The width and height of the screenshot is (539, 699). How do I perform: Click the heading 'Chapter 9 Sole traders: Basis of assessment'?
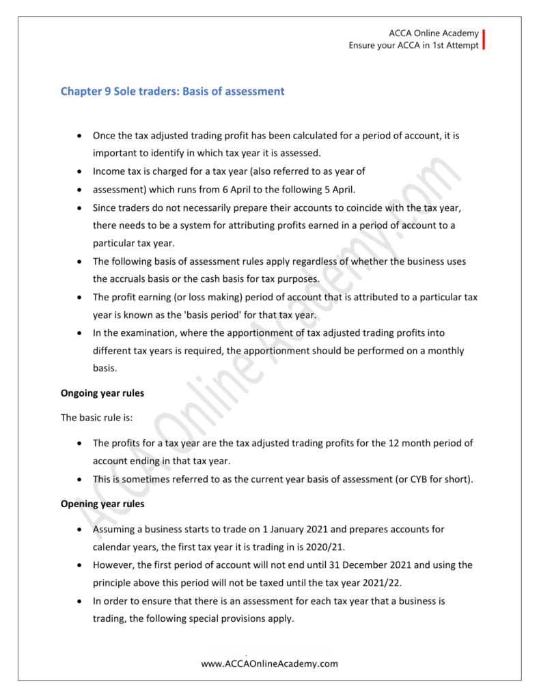pos(172,91)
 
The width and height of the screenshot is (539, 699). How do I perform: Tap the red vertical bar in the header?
pos(484,40)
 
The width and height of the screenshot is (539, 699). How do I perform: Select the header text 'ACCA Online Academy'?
pos(434,33)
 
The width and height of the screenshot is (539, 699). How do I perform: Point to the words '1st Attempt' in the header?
pos(454,46)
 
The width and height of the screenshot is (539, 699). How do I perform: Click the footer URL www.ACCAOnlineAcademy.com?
pos(269,664)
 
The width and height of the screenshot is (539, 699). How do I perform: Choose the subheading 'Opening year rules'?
pos(105,504)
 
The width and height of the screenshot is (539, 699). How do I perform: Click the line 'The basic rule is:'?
pos(98,417)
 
